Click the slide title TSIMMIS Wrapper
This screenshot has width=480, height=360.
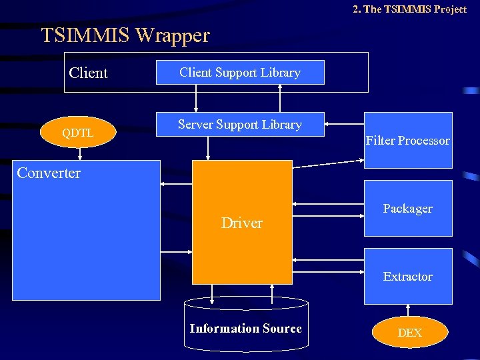pyautogui.click(x=125, y=35)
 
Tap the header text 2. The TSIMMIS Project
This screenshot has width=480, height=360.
pyautogui.click(x=409, y=9)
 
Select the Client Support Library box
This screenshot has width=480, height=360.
pyautogui.click(x=240, y=73)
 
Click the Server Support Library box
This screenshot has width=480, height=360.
pyautogui.click(x=240, y=125)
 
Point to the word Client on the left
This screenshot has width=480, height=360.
pyautogui.click(x=88, y=73)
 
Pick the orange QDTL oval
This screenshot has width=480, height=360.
pyautogui.click(x=78, y=133)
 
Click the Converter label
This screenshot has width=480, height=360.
pyautogui.click(x=49, y=173)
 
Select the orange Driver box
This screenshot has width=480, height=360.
pyautogui.click(x=242, y=223)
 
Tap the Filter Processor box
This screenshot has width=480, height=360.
pyautogui.click(x=408, y=141)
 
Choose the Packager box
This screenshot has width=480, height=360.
pyautogui.click(x=408, y=209)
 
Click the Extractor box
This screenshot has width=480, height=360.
pyautogui.click(x=408, y=277)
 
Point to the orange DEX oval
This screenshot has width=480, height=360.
pyautogui.click(x=409, y=333)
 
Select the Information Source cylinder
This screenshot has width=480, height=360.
pyautogui.click(x=246, y=328)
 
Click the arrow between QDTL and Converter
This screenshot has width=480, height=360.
pyautogui.click(x=80, y=153)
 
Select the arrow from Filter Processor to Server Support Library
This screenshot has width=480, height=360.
pyautogui.click(x=344, y=123)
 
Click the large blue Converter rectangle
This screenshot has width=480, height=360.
pyautogui.click(x=86, y=240)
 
